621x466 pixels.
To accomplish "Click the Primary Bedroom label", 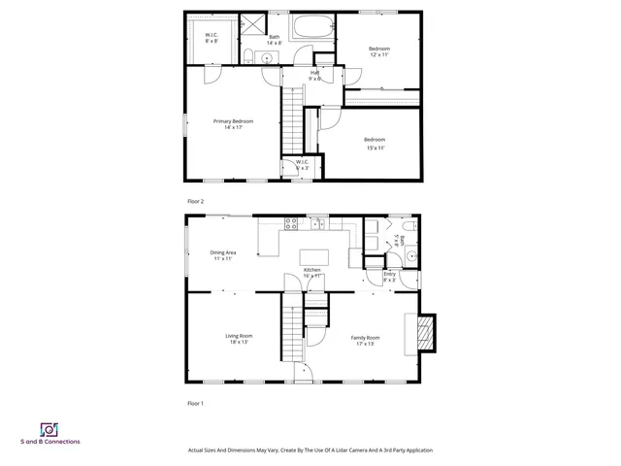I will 233,121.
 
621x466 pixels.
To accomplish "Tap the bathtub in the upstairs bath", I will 312,27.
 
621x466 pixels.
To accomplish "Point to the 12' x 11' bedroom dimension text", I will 377,55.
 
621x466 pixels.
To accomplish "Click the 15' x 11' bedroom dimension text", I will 376,148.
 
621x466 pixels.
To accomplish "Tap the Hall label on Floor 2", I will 314,73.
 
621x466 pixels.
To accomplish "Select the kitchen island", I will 313,257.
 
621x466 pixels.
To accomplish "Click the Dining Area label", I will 222,252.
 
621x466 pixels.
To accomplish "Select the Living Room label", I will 240,336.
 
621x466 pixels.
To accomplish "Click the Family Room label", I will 365,337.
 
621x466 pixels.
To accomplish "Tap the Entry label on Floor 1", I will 389,274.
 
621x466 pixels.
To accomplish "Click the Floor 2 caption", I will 195,201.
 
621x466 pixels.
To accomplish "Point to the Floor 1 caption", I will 195,402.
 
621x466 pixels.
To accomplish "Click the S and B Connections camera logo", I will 48,428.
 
